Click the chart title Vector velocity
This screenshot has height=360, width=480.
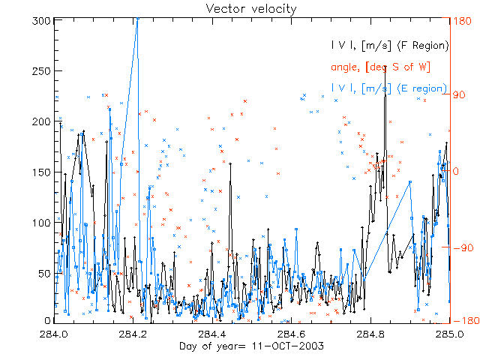240,8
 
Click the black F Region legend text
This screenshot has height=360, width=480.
391,46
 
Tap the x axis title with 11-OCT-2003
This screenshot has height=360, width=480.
239,346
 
